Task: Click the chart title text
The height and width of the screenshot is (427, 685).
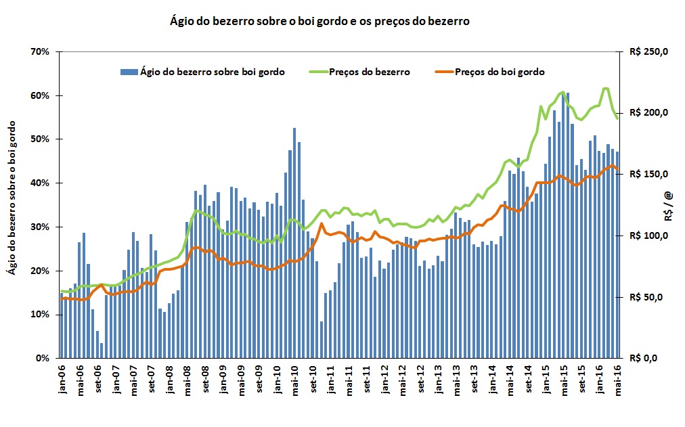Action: pyautogui.click(x=319, y=21)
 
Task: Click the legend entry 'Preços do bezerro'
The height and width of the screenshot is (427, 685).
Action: pyautogui.click(x=370, y=71)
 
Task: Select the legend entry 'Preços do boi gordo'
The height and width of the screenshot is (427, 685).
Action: pyautogui.click(x=500, y=71)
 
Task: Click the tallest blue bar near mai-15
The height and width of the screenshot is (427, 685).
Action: pyautogui.click(x=567, y=223)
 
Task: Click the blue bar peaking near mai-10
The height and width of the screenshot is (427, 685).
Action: pyautogui.click(x=294, y=244)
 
